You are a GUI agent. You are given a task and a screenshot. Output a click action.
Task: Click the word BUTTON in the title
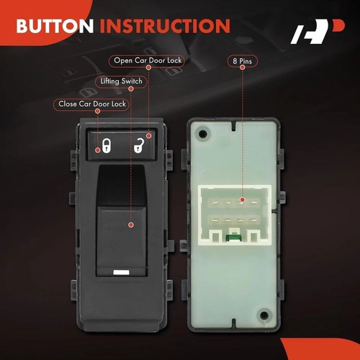pos(55,27)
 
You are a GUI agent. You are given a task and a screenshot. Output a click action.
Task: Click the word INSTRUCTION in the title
pos(165,27)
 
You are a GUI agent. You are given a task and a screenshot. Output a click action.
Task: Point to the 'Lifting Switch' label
pos(120,82)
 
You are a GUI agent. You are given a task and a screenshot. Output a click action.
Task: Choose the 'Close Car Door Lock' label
pos(91,104)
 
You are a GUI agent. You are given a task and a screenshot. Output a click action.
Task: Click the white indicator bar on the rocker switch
pos(120,272)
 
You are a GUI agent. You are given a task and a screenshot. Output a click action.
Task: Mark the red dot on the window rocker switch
pos(130,225)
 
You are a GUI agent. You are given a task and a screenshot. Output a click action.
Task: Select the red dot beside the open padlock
pos(149,135)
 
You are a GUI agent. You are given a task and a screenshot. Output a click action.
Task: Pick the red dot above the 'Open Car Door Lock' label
pos(149,67)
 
